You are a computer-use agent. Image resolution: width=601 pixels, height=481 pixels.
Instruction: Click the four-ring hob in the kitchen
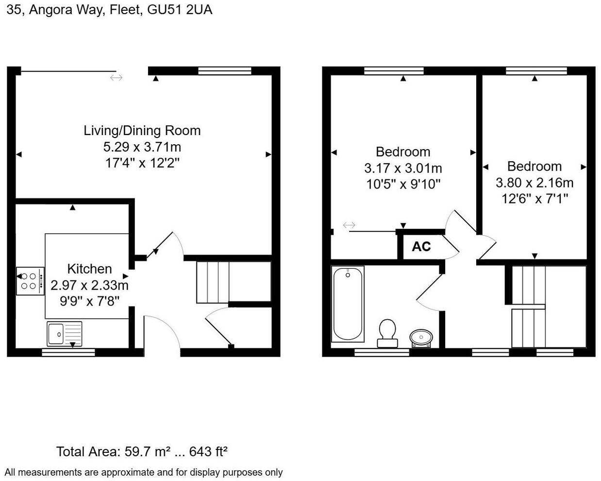(x=30, y=281)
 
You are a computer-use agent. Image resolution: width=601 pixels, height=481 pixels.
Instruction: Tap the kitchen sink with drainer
(x=64, y=334)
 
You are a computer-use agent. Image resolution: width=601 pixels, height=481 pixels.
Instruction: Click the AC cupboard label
(x=421, y=247)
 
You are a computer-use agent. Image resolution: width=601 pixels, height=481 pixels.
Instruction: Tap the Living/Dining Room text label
(x=142, y=130)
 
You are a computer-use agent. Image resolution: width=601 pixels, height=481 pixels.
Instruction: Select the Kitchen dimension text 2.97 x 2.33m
(x=89, y=285)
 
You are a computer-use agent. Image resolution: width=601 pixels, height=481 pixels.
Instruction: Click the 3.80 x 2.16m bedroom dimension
(x=534, y=183)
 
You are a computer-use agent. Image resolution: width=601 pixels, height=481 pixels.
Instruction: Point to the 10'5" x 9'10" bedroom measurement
(x=403, y=184)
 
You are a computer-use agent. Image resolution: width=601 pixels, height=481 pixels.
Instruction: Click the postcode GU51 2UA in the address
(x=180, y=10)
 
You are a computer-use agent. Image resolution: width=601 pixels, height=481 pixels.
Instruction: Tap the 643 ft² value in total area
(x=208, y=452)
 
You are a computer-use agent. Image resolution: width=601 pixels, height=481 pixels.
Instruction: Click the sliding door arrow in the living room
(x=116, y=77)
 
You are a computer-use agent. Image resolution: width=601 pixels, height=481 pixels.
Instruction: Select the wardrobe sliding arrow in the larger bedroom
(x=349, y=225)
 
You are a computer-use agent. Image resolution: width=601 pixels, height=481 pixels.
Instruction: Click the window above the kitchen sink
(x=68, y=352)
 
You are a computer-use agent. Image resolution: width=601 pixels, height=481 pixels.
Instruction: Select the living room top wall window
(x=224, y=71)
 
